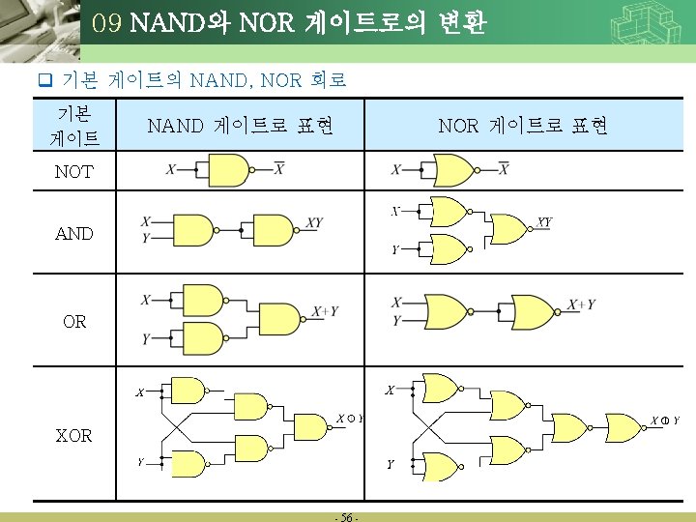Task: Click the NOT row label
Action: click(x=73, y=172)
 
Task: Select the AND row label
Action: click(x=74, y=233)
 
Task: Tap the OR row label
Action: click(x=74, y=322)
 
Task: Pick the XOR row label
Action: click(x=74, y=435)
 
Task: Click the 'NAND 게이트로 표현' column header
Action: click(x=240, y=126)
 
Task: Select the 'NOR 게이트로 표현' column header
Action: click(x=523, y=126)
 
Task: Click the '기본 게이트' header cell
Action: click(x=74, y=126)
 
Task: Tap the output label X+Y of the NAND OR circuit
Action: click(x=325, y=311)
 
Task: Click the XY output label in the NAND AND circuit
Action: click(x=314, y=223)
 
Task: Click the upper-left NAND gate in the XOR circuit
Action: click(x=187, y=391)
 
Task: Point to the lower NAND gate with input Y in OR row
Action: click(x=199, y=338)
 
